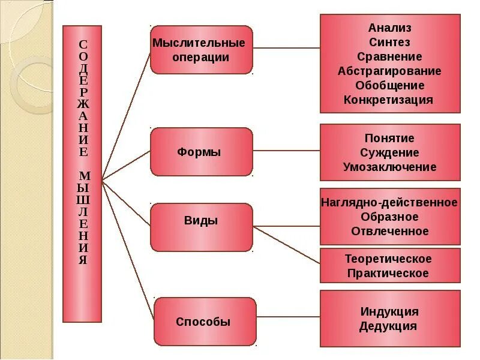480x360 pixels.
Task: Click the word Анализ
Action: (x=389, y=28)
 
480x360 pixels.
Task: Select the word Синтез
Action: (x=389, y=43)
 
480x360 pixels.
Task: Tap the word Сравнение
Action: (x=389, y=57)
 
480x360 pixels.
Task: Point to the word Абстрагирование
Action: (x=389, y=71)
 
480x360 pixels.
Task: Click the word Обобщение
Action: (x=389, y=86)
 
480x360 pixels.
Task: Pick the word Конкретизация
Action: (x=388, y=100)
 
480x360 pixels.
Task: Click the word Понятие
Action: (x=389, y=139)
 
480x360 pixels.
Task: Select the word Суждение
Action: (x=389, y=153)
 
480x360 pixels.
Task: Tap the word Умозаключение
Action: (x=389, y=167)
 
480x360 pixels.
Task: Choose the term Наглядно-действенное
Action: (x=389, y=203)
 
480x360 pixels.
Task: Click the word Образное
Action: (x=389, y=217)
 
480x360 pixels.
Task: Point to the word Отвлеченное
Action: (x=389, y=232)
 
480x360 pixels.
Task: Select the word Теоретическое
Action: (x=388, y=259)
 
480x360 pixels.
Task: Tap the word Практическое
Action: (x=388, y=274)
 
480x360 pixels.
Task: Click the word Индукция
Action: (x=389, y=312)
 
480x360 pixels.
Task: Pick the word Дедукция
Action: (x=388, y=326)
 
